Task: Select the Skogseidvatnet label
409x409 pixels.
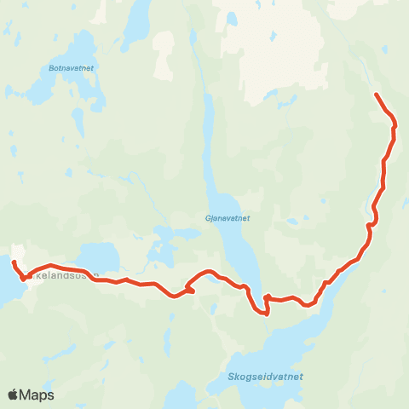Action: [266, 376]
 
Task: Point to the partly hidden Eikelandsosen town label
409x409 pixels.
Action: [64, 276]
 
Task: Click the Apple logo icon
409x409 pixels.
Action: [14, 395]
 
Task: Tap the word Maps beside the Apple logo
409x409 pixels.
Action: [37, 395]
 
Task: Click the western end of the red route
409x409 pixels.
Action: [14, 261]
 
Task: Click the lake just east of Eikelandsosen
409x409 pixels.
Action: [100, 256]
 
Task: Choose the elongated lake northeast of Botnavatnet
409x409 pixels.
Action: [135, 26]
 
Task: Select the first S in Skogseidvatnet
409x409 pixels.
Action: [233, 376]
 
